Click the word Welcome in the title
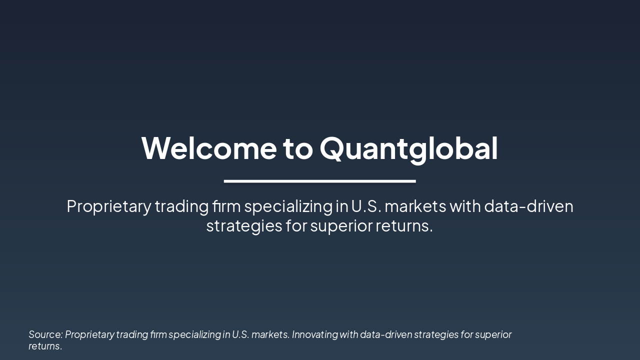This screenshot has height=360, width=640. tap(209, 148)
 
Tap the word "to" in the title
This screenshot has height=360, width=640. tap(298, 148)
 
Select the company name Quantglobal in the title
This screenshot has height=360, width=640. tap(408, 148)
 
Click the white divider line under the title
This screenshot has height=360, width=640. tap(320, 181)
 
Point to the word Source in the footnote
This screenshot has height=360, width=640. tap(45, 334)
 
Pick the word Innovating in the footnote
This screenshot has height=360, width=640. tap(314, 334)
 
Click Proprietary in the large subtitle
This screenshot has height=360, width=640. tap(108, 206)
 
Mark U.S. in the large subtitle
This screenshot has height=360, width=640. tap(366, 206)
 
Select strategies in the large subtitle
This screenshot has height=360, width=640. tap(244, 226)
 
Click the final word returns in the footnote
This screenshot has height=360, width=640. tap(45, 346)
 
